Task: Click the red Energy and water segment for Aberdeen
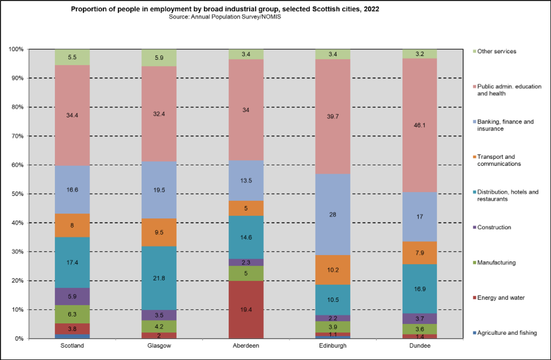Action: pyautogui.click(x=246, y=310)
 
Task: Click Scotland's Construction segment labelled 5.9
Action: pyautogui.click(x=72, y=296)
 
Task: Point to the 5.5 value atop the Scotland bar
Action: pyautogui.click(x=72, y=57)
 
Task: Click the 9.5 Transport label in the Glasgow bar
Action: pyautogui.click(x=159, y=232)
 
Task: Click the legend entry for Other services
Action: pyautogui.click(x=497, y=51)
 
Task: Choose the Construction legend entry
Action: pyautogui.click(x=494, y=227)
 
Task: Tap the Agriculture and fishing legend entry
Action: pyautogui.click(x=506, y=333)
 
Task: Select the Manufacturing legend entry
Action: pyautogui.click(x=496, y=262)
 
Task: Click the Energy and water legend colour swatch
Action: pyautogui.click(x=473, y=298)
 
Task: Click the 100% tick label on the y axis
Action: pyautogui.click(x=16, y=50)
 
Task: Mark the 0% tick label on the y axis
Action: pyautogui.click(x=19, y=339)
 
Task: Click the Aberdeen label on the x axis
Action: pyautogui.click(x=246, y=345)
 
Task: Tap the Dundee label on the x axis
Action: pyautogui.click(x=419, y=345)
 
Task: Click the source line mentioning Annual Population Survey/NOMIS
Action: pyautogui.click(x=225, y=17)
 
